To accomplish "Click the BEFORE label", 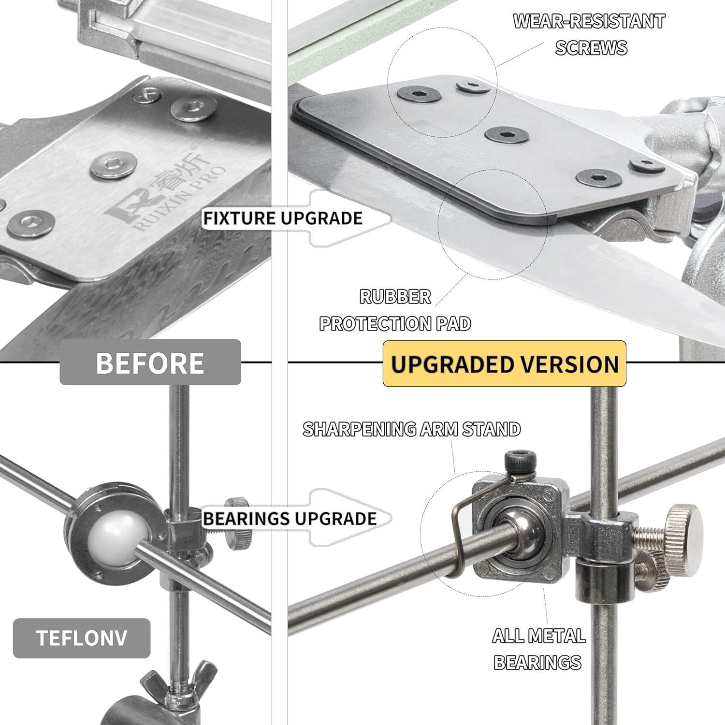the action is [x=150, y=362].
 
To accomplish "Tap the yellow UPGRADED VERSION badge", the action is [x=505, y=364].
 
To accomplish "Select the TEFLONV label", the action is [x=82, y=638].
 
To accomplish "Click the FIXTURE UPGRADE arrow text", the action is [x=283, y=218].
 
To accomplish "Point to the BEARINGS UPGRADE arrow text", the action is [x=290, y=519].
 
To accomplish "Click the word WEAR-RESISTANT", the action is [x=589, y=21].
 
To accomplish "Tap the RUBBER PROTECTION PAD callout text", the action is [x=395, y=310].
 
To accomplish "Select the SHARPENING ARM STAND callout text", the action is [x=412, y=429].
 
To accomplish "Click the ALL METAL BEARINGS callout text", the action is [x=539, y=649].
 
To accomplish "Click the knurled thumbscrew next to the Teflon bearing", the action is [x=240, y=522].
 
